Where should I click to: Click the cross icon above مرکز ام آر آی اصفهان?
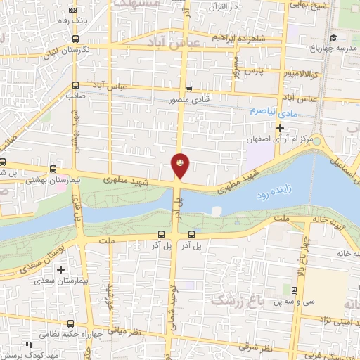(x=280, y=128)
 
